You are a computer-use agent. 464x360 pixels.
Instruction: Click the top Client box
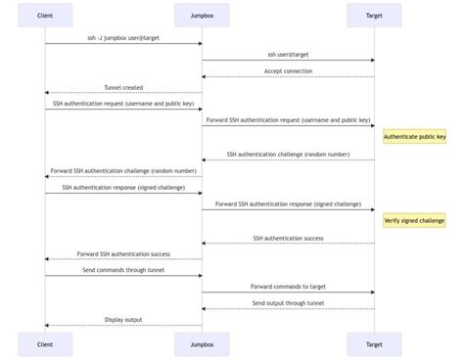(45, 16)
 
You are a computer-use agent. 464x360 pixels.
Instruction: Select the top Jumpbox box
(202, 16)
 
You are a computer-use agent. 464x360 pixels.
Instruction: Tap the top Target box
(374, 16)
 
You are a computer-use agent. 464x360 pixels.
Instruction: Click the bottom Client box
(45, 343)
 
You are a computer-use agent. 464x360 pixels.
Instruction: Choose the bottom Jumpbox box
(202, 343)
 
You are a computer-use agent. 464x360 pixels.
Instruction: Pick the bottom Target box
(374, 343)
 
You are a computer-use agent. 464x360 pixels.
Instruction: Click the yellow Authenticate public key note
(414, 137)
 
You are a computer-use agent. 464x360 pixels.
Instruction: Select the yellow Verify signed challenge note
(414, 221)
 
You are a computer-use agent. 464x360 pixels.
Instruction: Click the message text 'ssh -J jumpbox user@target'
(123, 37)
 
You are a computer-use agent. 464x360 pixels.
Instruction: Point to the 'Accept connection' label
(288, 70)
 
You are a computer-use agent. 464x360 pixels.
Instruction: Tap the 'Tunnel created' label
(123, 87)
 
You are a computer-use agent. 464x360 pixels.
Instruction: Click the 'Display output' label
(123, 320)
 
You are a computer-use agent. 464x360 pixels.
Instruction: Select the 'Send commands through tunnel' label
(123, 270)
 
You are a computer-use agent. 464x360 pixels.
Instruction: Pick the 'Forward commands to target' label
(288, 287)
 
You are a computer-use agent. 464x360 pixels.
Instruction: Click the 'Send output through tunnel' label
(288, 303)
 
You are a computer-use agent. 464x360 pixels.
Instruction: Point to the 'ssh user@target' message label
(288, 54)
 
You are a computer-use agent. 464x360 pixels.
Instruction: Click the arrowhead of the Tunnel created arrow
(47, 93)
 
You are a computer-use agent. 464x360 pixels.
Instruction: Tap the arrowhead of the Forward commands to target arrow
(372, 292)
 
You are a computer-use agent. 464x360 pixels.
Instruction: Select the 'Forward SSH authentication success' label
(123, 253)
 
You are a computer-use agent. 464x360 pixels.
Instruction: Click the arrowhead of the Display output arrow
(47, 326)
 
